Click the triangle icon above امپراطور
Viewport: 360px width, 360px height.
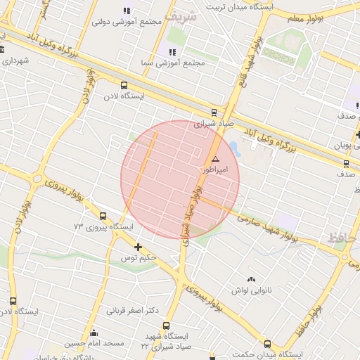pyautogui.click(x=215, y=160)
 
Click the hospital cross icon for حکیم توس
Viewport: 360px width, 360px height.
pyautogui.click(x=138, y=247)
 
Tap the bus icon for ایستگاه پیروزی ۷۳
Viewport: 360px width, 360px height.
pyautogui.click(x=103, y=216)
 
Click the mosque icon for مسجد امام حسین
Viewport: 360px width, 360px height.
pyautogui.click(x=94, y=333)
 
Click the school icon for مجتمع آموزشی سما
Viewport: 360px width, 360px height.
pyautogui.click(x=171, y=52)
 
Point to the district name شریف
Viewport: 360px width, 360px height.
pyautogui.click(x=177, y=15)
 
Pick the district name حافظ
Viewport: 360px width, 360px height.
pyautogui.click(x=342, y=239)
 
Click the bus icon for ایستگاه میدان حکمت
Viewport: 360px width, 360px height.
pyautogui.click(x=267, y=344)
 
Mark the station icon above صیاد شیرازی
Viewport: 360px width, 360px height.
pyautogui.click(x=214, y=112)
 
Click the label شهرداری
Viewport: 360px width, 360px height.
pyautogui.click(x=15, y=60)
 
